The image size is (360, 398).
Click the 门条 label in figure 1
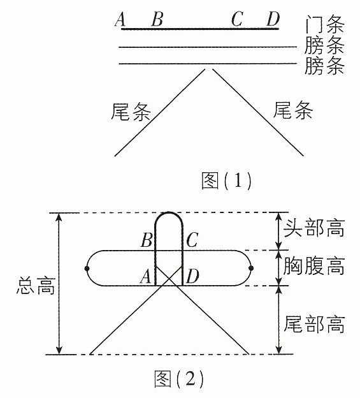[x=324, y=25]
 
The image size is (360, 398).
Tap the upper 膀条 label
[x=324, y=45]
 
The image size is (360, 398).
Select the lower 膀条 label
[x=324, y=66]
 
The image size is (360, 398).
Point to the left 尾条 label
[x=131, y=112]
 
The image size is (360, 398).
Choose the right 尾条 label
[x=293, y=110]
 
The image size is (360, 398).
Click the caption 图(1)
[x=226, y=181]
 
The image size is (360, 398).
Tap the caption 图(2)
[x=179, y=379]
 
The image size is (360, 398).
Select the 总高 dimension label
[x=36, y=286]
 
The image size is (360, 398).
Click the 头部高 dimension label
[x=314, y=228]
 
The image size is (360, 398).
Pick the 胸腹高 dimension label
[x=314, y=266]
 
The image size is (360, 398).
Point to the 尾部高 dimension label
[x=314, y=324]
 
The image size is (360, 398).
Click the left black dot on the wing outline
[x=87, y=269]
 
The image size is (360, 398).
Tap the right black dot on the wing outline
[x=251, y=268]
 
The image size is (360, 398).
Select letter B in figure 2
[x=147, y=240]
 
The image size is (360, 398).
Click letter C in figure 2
[x=192, y=240]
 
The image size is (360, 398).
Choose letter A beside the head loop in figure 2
[x=146, y=276]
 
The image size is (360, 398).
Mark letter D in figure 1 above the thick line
[x=273, y=19]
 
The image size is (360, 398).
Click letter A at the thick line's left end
[x=120, y=20]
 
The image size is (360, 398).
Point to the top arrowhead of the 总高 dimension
[x=59, y=216]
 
